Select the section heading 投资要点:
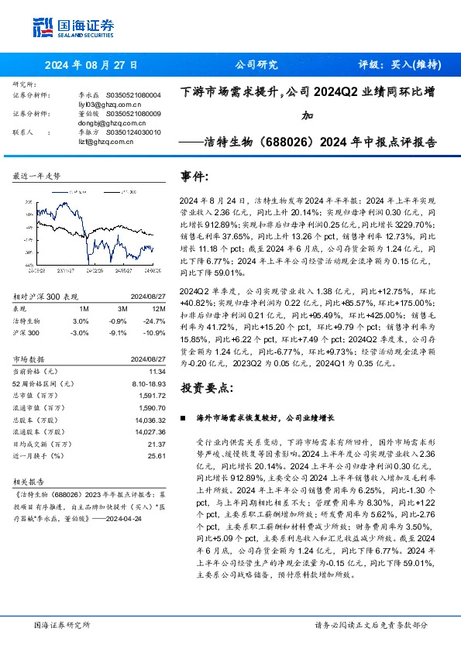pos(207,386)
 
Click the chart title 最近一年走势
pos(36,177)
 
